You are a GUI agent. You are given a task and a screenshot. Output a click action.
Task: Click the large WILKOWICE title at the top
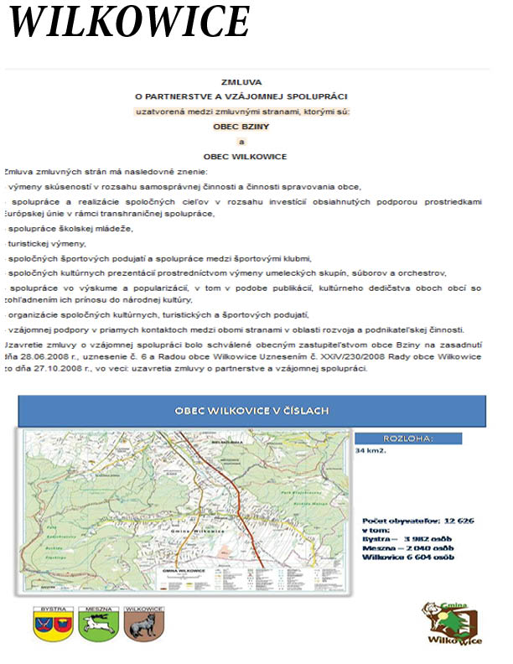(129, 22)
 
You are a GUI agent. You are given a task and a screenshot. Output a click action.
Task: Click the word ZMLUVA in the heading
(241, 82)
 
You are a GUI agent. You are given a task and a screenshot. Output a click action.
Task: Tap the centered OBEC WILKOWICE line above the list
(245, 157)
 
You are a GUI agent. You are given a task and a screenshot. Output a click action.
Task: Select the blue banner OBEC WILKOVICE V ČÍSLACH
(251, 411)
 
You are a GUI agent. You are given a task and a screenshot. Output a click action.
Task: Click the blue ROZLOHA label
(408, 438)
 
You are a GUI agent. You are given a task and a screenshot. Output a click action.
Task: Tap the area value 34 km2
(370, 450)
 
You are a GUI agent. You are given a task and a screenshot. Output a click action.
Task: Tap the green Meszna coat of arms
(97, 625)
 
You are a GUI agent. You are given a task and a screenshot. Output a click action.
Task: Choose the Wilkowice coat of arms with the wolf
(142, 625)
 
